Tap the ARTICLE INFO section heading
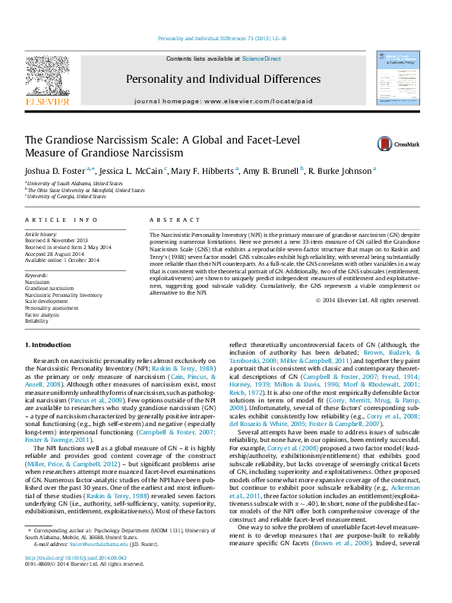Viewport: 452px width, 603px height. tap(62, 219)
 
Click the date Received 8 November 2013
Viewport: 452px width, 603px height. tap(60, 241)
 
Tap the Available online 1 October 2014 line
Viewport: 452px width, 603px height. tap(62, 260)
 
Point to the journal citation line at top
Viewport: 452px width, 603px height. tap(222, 39)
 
